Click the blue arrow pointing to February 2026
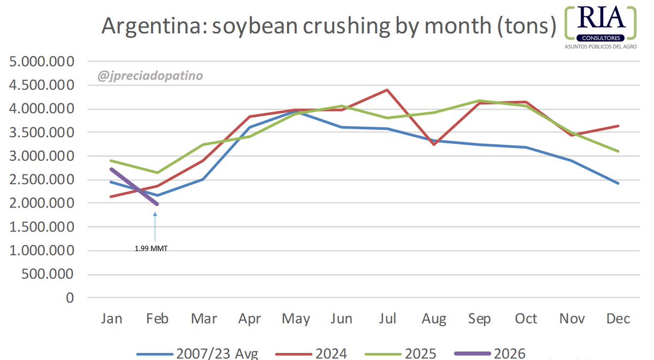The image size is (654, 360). pos(155,226)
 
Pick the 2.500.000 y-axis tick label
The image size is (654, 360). pos(42,180)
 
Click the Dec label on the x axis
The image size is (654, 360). pos(618,319)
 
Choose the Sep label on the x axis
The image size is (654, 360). pos(479,319)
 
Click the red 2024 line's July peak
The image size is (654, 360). pos(386,90)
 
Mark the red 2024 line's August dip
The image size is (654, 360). pos(433,144)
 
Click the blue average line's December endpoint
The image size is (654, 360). pos(618,184)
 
